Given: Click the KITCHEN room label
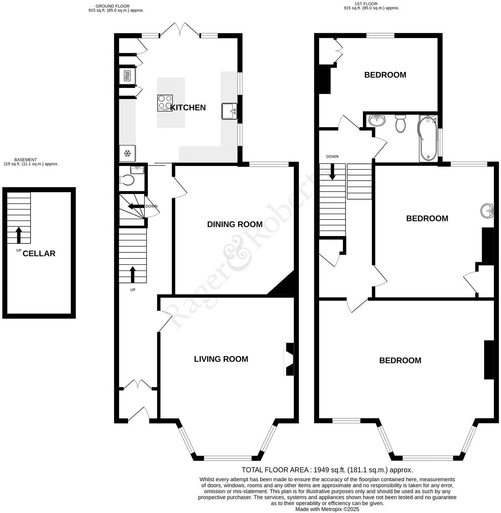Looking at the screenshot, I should click(x=188, y=108).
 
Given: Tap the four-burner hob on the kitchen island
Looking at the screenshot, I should click(x=165, y=103).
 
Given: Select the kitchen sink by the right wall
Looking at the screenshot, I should click(x=229, y=111).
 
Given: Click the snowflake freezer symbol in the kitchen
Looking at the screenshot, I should click(x=128, y=153).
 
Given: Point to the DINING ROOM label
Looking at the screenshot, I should click(x=235, y=224).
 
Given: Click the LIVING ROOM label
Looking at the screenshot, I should click(x=221, y=359).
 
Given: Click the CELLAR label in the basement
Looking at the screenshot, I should click(x=39, y=254).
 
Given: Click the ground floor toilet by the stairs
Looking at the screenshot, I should click(x=128, y=180).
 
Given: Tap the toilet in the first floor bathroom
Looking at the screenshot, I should click(x=400, y=124).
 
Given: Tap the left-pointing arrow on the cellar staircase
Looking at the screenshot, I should click(x=135, y=206).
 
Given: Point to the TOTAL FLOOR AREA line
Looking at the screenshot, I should click(x=327, y=470).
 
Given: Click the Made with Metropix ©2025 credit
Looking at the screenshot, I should click(x=327, y=509).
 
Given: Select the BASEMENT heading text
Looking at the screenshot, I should click(x=26, y=160).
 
